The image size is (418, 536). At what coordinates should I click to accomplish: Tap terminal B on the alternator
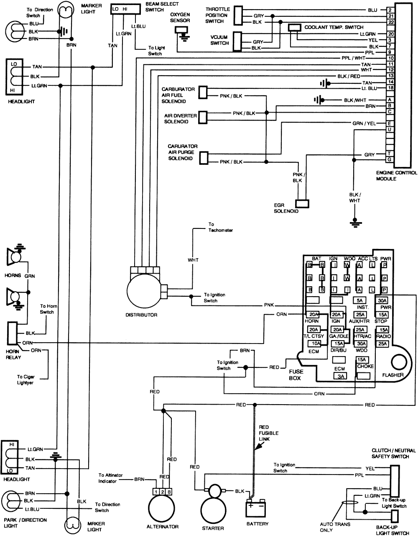169,492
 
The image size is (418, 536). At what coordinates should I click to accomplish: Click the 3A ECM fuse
339,376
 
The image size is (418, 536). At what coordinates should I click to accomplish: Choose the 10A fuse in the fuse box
314,344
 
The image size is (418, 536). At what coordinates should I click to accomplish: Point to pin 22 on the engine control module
390,22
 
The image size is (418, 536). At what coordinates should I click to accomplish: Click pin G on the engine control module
390,159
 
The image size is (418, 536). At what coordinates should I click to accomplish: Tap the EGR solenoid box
302,203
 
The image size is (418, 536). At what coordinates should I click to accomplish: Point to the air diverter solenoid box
204,117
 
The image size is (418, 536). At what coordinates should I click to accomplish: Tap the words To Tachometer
220,228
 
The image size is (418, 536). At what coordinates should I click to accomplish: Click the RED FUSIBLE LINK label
268,433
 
